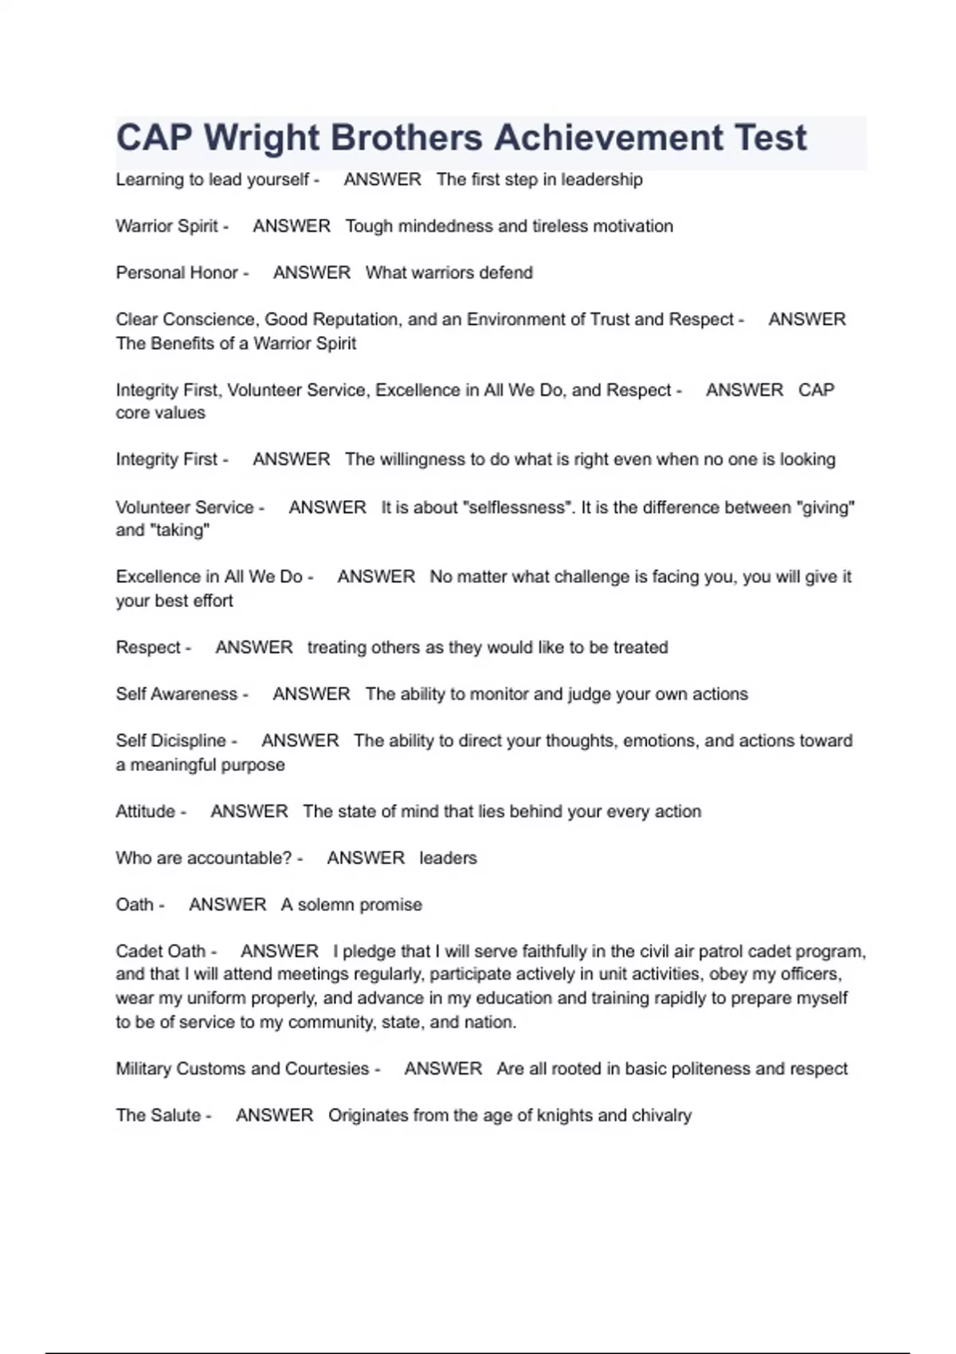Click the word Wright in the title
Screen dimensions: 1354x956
[261, 138]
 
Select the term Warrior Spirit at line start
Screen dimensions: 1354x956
[167, 226]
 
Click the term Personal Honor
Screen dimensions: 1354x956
[177, 272]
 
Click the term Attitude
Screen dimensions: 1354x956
[146, 812]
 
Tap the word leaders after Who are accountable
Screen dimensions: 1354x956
[448, 858]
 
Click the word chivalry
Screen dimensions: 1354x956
[661, 1115]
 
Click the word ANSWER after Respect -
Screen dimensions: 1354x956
[254, 648]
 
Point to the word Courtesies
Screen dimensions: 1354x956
[327, 1069]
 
